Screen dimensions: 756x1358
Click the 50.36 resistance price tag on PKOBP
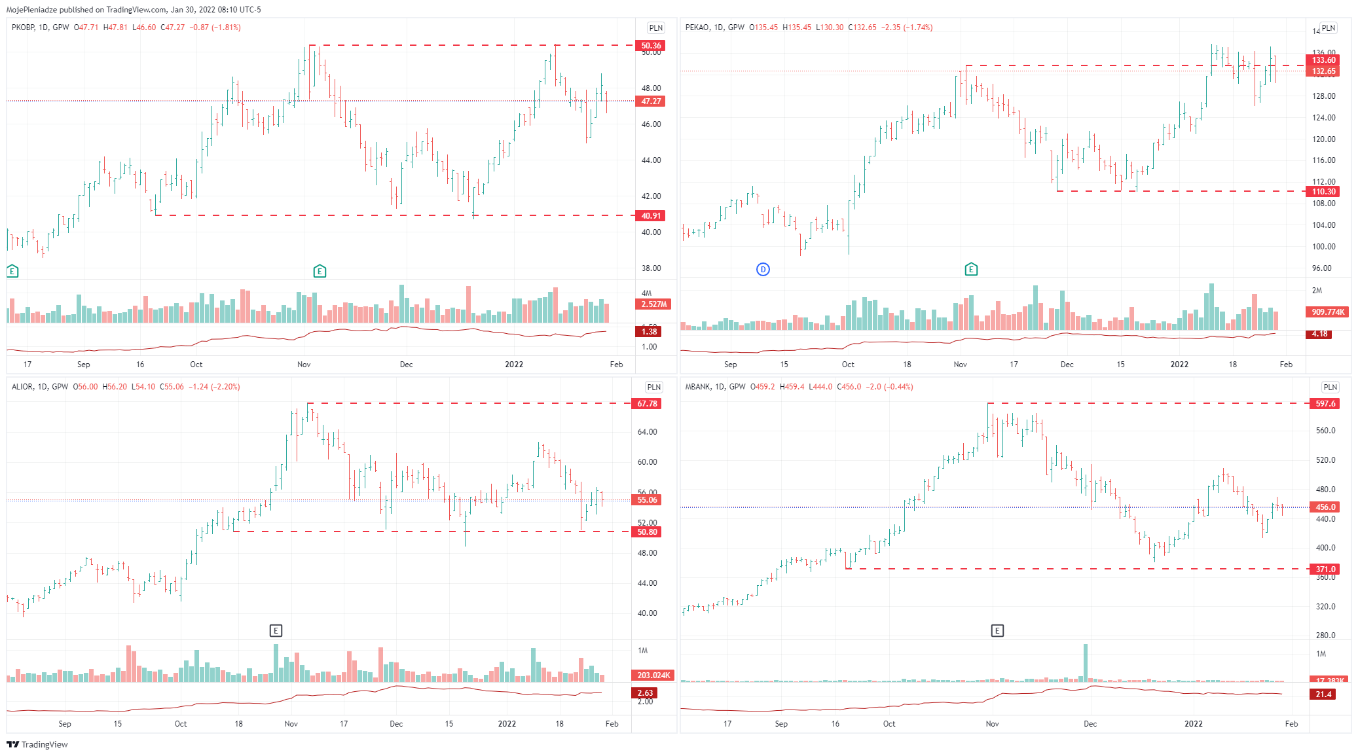(x=651, y=46)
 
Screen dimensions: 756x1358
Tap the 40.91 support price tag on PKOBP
(x=651, y=216)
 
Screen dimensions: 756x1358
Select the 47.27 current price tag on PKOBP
(x=651, y=101)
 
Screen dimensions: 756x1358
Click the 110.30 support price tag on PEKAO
(x=1323, y=192)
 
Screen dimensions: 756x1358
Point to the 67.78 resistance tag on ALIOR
(x=647, y=404)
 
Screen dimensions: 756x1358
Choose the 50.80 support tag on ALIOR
(x=647, y=532)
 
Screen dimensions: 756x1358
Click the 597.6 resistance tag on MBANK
(x=1325, y=404)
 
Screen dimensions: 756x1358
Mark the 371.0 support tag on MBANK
(x=1325, y=569)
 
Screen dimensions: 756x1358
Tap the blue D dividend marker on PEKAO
(x=763, y=269)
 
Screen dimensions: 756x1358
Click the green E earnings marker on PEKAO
(x=971, y=269)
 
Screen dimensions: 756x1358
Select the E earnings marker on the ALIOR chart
(x=276, y=630)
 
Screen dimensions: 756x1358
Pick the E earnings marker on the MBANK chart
(x=997, y=630)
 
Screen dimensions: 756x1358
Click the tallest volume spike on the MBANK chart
(x=1086, y=662)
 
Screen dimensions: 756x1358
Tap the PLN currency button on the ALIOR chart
(x=653, y=387)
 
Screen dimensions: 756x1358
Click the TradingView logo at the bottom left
(x=37, y=744)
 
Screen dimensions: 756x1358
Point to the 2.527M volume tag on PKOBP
(x=653, y=304)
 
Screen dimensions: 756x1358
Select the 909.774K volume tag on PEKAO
(x=1327, y=312)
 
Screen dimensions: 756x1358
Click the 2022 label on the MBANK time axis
(x=1194, y=723)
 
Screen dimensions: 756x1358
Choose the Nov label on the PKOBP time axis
(x=304, y=364)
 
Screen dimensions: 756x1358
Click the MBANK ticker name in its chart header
(x=697, y=387)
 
